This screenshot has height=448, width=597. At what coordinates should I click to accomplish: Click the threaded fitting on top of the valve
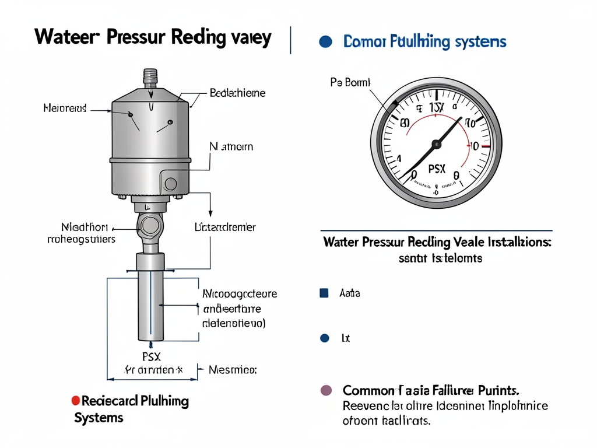point(150,76)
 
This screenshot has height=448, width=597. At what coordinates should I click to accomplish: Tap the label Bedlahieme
point(237,93)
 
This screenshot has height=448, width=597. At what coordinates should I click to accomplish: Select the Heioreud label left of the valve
point(65,108)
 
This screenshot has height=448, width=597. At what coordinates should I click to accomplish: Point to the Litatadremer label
point(224,228)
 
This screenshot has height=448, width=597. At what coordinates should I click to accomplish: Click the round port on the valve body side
point(170,184)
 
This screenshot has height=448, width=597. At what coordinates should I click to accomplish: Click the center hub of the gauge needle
point(436,143)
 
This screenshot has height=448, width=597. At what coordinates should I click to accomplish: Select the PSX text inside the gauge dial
point(436,169)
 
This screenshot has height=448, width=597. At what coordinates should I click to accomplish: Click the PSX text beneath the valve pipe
point(152,356)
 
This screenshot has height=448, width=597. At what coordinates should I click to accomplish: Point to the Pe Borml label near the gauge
point(350,83)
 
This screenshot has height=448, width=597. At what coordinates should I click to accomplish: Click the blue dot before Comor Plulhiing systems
point(326,42)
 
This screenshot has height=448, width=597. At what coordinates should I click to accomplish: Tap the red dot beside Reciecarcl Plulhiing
point(75,401)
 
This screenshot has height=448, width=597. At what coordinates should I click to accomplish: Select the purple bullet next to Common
point(326,390)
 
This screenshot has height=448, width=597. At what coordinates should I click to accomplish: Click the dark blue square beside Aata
point(324,293)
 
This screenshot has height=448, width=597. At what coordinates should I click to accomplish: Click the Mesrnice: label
point(233,370)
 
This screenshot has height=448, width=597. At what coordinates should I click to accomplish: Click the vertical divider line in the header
point(290,40)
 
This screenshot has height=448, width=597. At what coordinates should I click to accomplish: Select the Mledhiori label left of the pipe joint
point(85,227)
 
